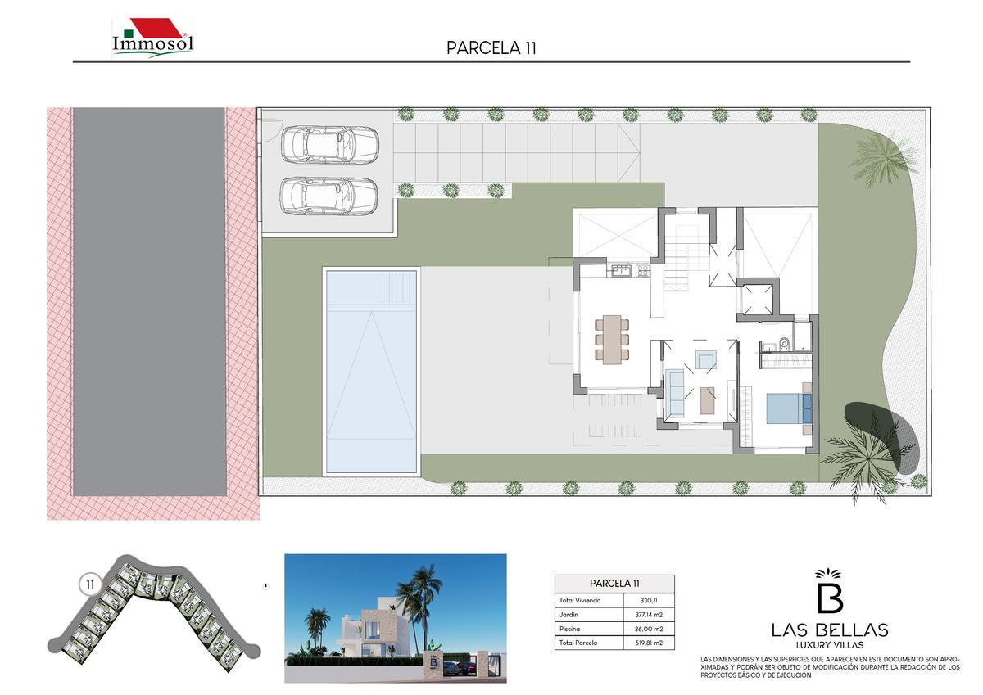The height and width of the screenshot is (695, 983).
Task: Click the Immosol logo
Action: pos(152,38)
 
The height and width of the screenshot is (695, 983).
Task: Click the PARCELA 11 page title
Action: pos(491,48)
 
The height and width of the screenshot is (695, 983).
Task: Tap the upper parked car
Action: pos(329,144)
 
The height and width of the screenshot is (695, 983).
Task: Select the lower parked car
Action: pos(329,196)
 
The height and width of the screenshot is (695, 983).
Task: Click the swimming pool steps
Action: pos(400,287)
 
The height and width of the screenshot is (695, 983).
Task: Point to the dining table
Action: pos(612,340)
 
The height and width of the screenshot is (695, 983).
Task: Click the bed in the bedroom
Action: pos(789,408)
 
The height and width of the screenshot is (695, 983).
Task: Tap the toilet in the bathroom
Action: pos(784,343)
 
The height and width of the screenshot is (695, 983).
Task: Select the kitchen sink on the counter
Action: pos(621,271)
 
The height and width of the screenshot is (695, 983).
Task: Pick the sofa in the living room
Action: pos(675,393)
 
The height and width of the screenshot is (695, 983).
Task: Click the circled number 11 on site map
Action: pos(90,585)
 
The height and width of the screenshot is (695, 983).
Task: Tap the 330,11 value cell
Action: pos(648,600)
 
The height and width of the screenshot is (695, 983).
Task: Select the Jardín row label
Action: pos(569,615)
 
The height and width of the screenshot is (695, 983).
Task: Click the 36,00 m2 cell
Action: pos(649,629)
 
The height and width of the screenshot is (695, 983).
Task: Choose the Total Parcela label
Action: pos(578,643)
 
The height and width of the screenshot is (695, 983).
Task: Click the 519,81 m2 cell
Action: pos(649,643)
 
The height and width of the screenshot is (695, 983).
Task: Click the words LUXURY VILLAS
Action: pos(830,645)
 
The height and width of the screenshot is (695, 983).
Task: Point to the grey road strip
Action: pos(150,302)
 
